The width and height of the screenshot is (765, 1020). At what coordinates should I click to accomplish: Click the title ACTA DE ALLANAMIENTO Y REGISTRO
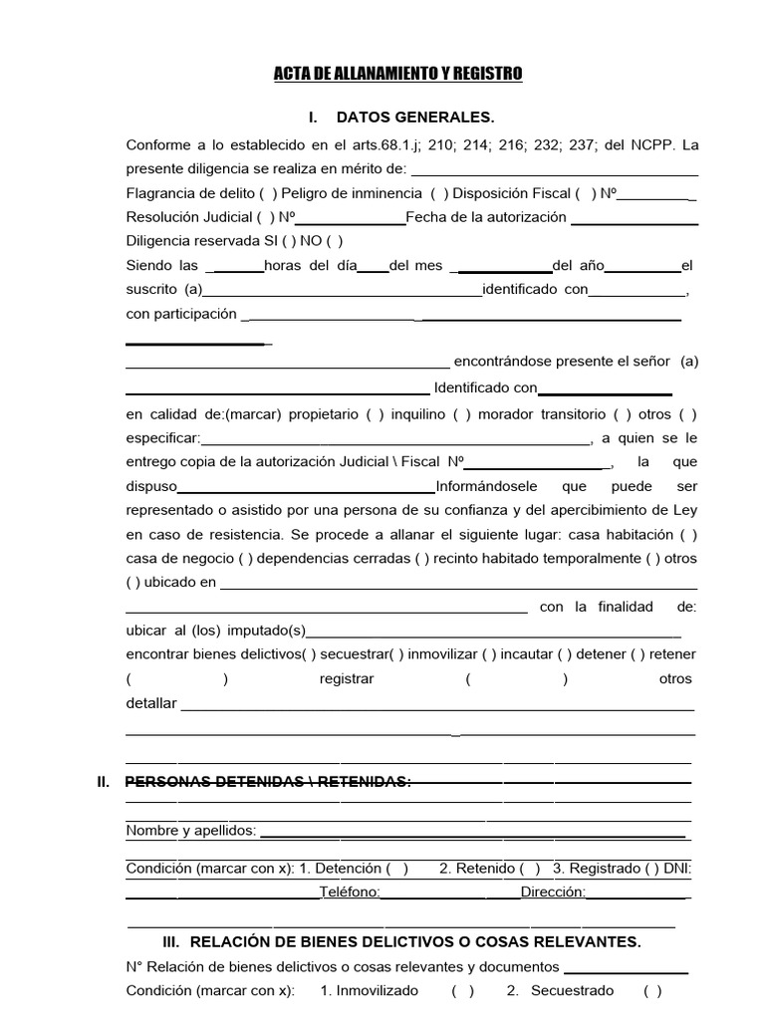(397, 75)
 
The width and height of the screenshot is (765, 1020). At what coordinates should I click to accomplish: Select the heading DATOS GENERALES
(415, 118)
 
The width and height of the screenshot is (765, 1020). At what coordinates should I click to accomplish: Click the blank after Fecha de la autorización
(634, 217)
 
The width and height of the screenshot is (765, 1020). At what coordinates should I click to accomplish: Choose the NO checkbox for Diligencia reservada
(334, 241)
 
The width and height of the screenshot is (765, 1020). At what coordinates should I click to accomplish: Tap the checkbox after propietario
(375, 414)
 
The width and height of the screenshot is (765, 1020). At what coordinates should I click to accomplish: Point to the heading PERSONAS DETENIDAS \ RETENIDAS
(268, 782)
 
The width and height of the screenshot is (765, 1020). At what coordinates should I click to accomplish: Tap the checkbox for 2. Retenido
(531, 869)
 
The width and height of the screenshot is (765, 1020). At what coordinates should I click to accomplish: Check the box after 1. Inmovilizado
(462, 991)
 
